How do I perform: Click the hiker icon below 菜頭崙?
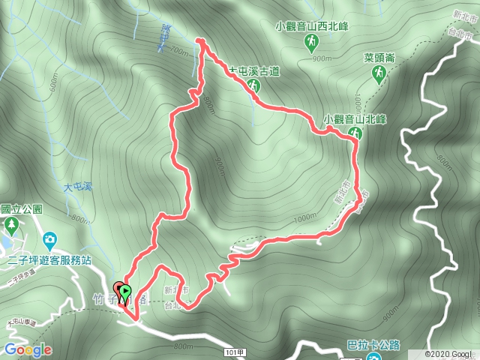(x=381, y=72)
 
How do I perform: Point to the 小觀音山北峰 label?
(x=355, y=118)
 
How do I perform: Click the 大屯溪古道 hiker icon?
(x=254, y=86)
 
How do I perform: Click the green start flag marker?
(x=126, y=292)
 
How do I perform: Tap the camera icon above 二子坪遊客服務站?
(x=49, y=241)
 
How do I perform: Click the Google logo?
(x=27, y=349)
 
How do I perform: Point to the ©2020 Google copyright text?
(x=451, y=353)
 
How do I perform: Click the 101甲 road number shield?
(x=234, y=350)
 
